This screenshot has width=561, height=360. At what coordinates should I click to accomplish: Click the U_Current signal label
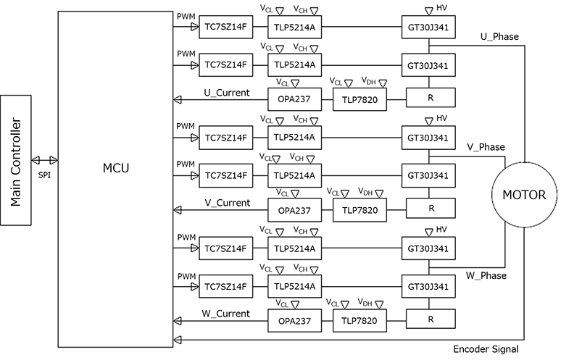pyautogui.click(x=227, y=92)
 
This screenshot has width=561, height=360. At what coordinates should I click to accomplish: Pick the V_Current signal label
pyautogui.click(x=227, y=203)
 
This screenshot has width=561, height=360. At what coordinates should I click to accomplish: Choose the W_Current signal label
pyautogui.click(x=227, y=314)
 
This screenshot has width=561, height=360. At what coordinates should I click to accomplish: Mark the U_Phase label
pyautogui.click(x=499, y=36)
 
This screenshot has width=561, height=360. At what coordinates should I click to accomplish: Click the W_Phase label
pyautogui.click(x=486, y=275)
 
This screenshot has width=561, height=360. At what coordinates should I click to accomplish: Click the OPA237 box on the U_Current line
pyautogui.click(x=294, y=99)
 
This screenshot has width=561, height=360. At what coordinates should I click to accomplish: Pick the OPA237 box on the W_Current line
pyautogui.click(x=294, y=320)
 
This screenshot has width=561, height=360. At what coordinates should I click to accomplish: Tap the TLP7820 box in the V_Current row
pyautogui.click(x=359, y=209)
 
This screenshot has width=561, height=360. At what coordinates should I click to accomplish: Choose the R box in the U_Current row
pyautogui.click(x=431, y=99)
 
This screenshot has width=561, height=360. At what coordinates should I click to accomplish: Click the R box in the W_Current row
pyautogui.click(x=431, y=320)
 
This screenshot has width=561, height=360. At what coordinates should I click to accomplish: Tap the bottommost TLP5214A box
pyautogui.click(x=294, y=286)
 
